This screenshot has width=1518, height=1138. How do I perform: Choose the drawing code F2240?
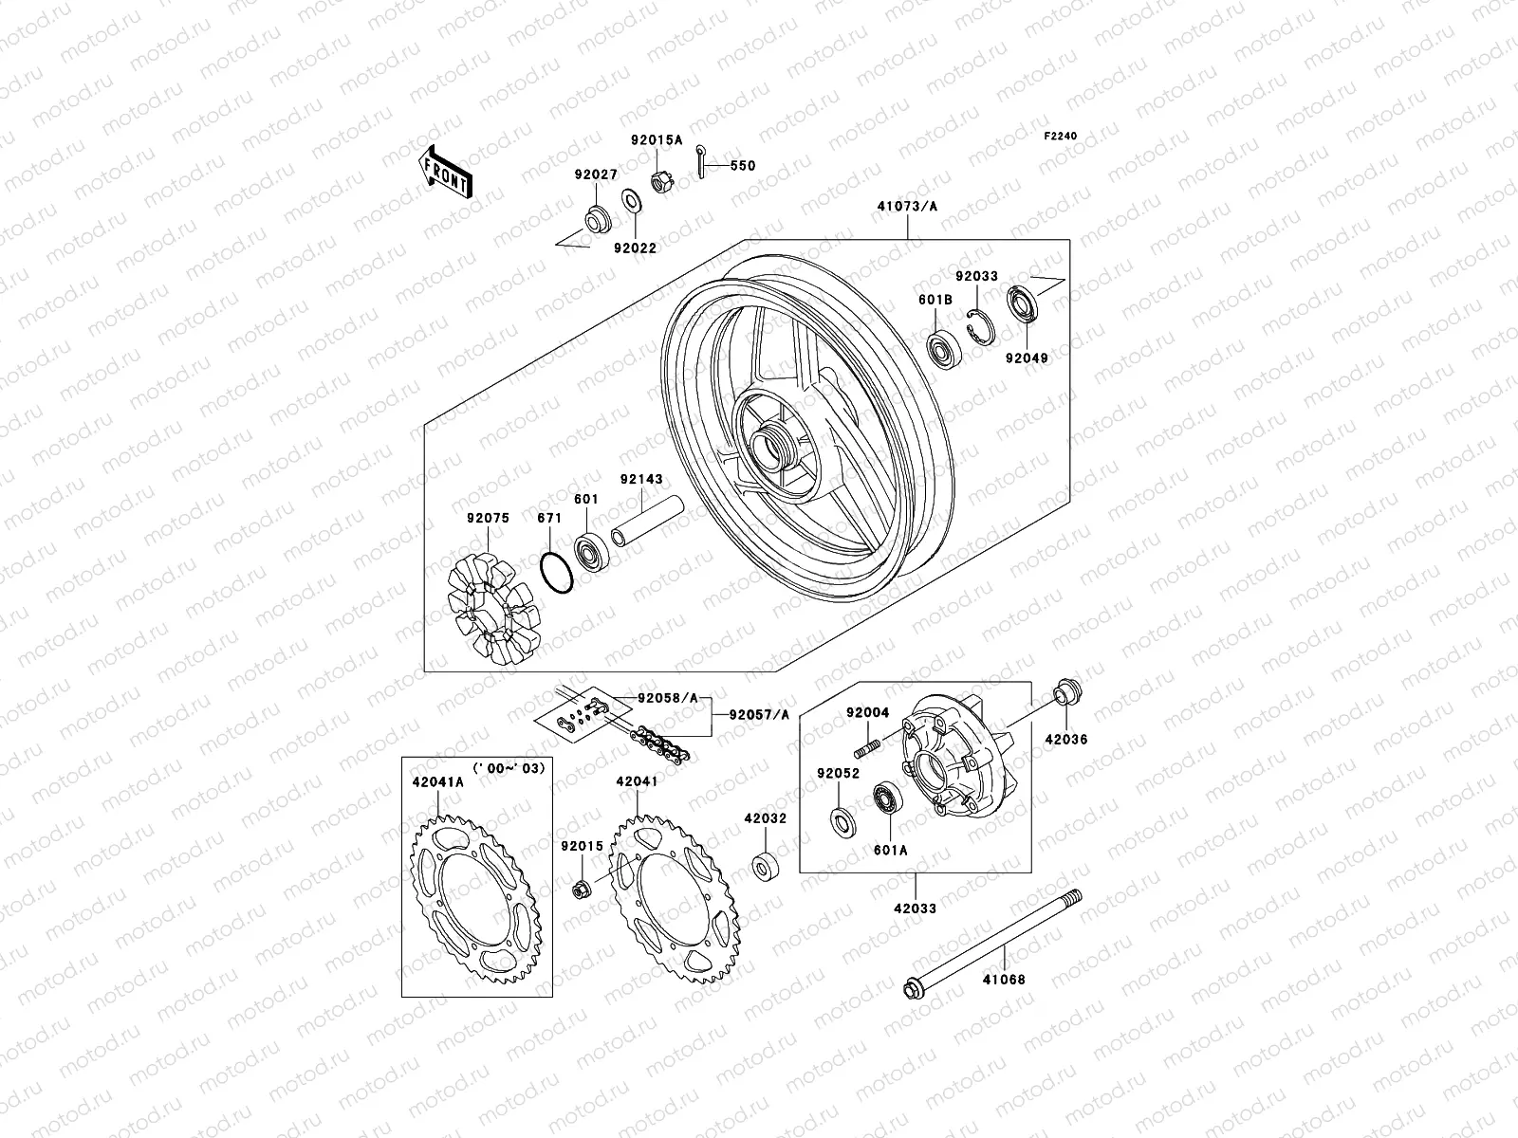click(1061, 137)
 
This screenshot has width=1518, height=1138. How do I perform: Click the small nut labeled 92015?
click(581, 889)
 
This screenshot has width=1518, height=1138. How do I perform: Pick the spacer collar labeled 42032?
click(764, 868)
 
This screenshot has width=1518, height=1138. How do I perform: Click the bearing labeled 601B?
click(943, 351)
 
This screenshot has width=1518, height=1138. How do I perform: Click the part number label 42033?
click(915, 909)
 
